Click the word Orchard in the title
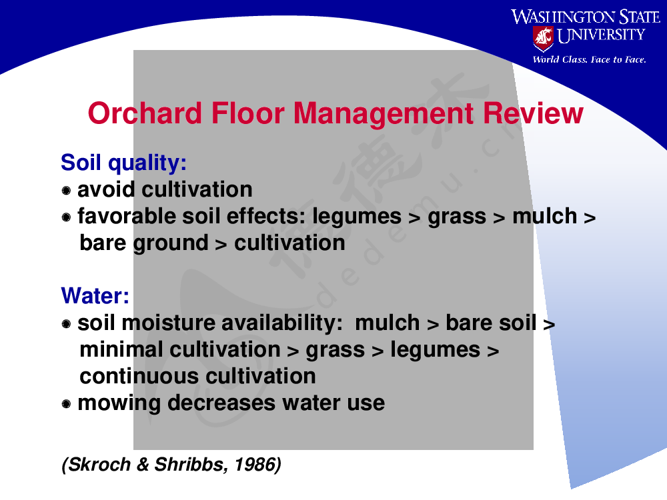click(x=145, y=113)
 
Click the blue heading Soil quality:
click(x=124, y=163)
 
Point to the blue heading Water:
click(x=95, y=295)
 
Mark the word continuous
click(x=139, y=376)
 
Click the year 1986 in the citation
click(x=257, y=465)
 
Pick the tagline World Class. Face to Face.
click(x=590, y=59)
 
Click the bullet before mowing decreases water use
click(x=66, y=403)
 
